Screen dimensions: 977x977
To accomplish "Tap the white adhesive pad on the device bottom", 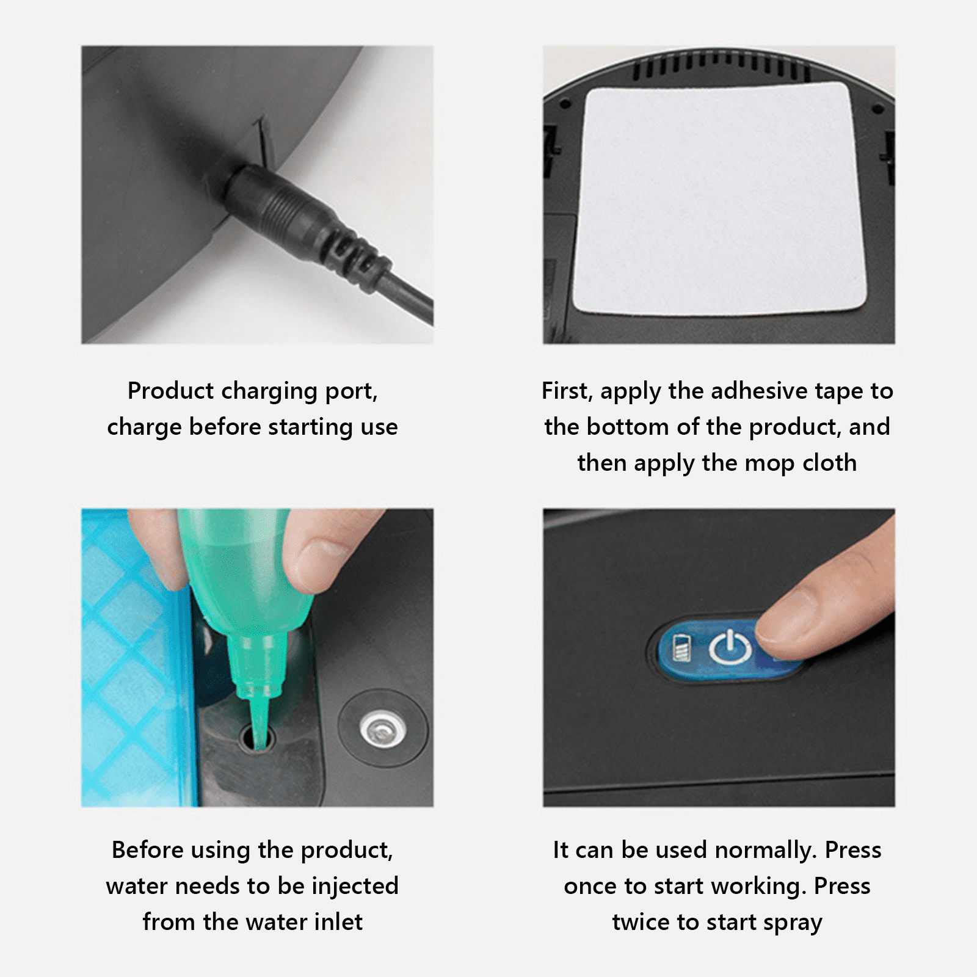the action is coord(719,198).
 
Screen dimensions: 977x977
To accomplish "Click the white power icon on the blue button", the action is coord(730,648).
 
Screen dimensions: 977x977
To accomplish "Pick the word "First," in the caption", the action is coord(567,391).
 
